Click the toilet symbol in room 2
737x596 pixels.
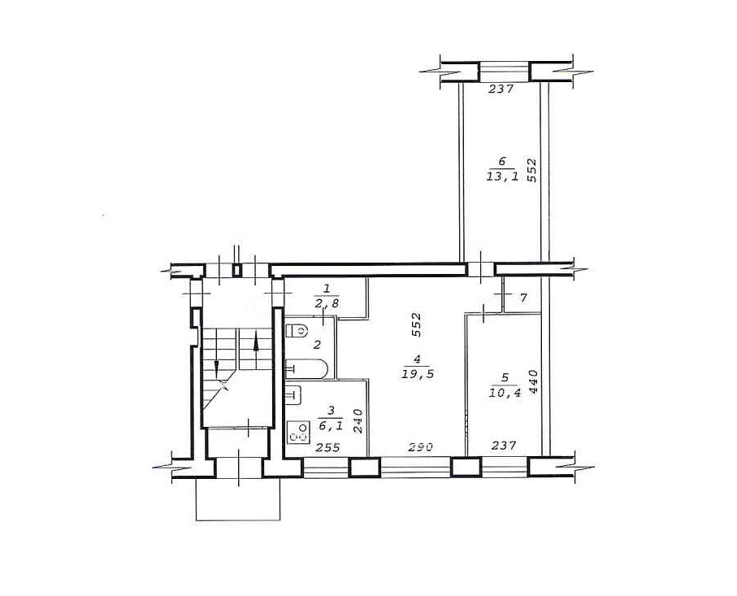click(x=296, y=330)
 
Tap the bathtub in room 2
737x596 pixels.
click(x=306, y=369)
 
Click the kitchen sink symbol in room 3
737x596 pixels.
click(x=293, y=395)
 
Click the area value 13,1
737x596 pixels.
click(x=502, y=176)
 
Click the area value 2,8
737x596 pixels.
click(x=327, y=304)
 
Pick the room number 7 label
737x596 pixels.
click(x=523, y=298)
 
